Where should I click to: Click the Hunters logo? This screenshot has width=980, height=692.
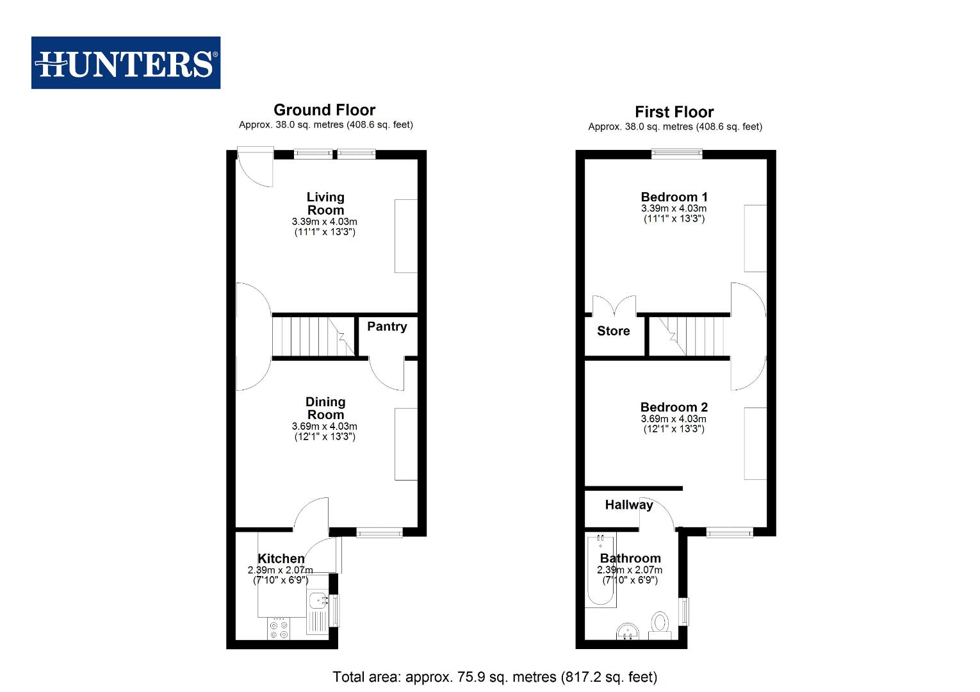click(x=126, y=63)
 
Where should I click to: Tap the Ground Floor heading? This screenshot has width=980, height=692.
click(x=324, y=110)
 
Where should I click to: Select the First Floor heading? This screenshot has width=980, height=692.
click(x=674, y=112)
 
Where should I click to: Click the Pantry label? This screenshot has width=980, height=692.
click(x=387, y=327)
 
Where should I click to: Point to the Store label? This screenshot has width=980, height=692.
click(x=613, y=331)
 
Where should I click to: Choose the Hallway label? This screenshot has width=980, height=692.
click(x=628, y=505)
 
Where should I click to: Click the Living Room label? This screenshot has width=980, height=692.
click(x=325, y=204)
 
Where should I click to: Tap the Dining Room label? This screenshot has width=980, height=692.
click(x=325, y=408)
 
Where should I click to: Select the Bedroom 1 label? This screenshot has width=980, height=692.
click(x=674, y=197)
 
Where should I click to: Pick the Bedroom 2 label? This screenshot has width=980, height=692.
click(x=674, y=408)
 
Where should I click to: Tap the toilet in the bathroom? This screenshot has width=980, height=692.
click(x=659, y=623)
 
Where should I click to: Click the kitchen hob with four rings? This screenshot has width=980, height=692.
click(x=279, y=628)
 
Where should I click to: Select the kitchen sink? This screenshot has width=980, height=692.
click(x=317, y=603)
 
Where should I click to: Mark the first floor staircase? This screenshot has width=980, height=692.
click(x=689, y=336)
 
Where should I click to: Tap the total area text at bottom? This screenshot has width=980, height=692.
click(x=494, y=677)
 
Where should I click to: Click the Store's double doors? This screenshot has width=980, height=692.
click(x=614, y=306)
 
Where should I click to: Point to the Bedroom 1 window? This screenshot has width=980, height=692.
click(x=676, y=154)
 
